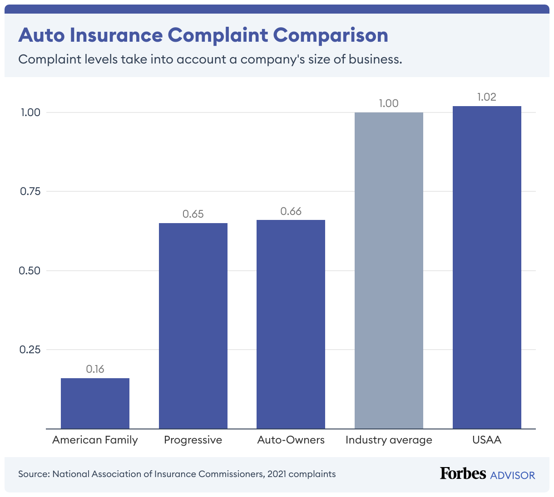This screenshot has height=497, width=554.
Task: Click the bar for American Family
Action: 95,403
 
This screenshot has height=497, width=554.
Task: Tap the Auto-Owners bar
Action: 291,324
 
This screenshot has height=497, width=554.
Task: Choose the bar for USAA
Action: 487,267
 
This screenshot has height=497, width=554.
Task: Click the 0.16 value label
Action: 95,369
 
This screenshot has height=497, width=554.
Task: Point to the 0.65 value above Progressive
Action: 193,214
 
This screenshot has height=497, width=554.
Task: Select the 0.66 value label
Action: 291,211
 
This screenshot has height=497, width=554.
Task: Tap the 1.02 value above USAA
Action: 487,97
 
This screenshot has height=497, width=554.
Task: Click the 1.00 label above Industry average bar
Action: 389,103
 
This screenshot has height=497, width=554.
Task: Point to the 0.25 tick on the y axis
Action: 30,350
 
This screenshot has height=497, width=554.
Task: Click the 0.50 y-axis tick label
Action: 30,271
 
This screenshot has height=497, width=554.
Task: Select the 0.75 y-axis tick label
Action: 30,191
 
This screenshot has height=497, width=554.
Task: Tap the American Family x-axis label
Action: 95,440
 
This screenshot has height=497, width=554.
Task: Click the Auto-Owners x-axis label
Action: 291,440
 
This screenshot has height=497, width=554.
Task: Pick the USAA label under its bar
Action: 487,440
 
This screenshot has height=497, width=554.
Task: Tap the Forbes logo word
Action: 463,473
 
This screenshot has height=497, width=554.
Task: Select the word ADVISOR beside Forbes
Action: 513,475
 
